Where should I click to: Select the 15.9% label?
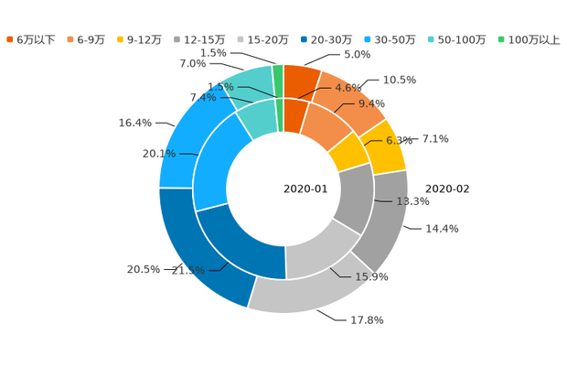373,275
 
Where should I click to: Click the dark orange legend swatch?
11,39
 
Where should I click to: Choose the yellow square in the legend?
122,39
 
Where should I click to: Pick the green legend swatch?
500,39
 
